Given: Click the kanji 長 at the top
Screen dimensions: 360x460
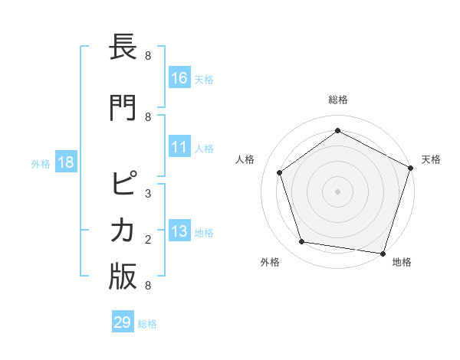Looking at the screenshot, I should coord(123,47).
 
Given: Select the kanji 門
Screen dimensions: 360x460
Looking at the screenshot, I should coord(123,106).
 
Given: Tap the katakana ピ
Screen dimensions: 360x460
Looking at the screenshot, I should coord(123,185).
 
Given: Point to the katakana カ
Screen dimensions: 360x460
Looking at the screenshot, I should coord(123,231).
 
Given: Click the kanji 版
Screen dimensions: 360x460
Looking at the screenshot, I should coord(123,277).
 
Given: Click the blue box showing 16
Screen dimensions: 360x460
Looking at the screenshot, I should coord(179,78).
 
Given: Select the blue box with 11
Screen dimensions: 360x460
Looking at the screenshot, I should coord(179,147).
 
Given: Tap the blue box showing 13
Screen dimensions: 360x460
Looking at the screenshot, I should coord(179,232).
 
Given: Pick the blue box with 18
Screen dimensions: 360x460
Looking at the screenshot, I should coord(65,163).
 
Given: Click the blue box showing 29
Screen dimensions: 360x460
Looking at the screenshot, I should coord(122,322).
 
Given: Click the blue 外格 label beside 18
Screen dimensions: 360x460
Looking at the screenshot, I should coord(41,164).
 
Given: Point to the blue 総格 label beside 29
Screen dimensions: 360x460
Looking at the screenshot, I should coord(147,324).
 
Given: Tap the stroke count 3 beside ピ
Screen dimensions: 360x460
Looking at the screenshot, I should coord(148,194).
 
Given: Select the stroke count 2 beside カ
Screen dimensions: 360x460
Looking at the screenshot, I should coord(148,240).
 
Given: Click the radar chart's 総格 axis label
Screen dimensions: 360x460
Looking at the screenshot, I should coord(337,100).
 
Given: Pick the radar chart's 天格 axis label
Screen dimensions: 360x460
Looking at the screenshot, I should coord(431,159).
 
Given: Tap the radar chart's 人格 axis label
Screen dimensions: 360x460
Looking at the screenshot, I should coord(245,159).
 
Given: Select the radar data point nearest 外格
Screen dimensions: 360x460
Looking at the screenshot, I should coord(302,242).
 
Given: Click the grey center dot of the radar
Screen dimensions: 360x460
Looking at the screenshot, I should coord(337,191).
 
